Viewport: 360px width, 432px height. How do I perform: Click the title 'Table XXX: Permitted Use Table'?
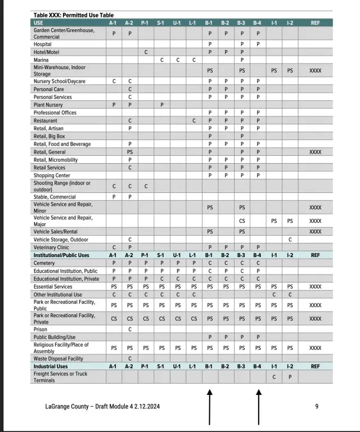[x=74, y=15]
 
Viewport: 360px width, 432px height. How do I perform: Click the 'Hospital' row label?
[x=43, y=44]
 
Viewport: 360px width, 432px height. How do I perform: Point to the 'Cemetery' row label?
[x=45, y=262]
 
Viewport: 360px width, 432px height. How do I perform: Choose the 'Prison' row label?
[x=40, y=329]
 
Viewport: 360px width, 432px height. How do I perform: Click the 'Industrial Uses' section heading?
[x=51, y=366]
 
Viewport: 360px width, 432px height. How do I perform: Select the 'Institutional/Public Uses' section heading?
[x=61, y=254]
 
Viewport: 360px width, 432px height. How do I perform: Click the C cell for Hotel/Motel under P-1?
[x=145, y=52]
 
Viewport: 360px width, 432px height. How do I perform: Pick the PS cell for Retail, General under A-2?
[x=130, y=152]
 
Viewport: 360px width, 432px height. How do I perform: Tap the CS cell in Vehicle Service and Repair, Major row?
[x=242, y=221]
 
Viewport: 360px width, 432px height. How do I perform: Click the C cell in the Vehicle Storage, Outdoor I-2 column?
[x=290, y=239]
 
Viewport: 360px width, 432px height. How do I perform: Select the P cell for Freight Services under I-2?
[x=290, y=377]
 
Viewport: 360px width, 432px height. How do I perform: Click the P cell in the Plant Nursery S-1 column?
[x=161, y=105]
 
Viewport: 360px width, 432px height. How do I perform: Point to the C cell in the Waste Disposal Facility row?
[x=130, y=358]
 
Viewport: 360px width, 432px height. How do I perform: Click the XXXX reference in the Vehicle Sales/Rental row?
[x=316, y=231]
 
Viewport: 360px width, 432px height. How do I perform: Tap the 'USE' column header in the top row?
[x=39, y=22]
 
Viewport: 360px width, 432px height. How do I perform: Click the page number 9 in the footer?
[x=317, y=406]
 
